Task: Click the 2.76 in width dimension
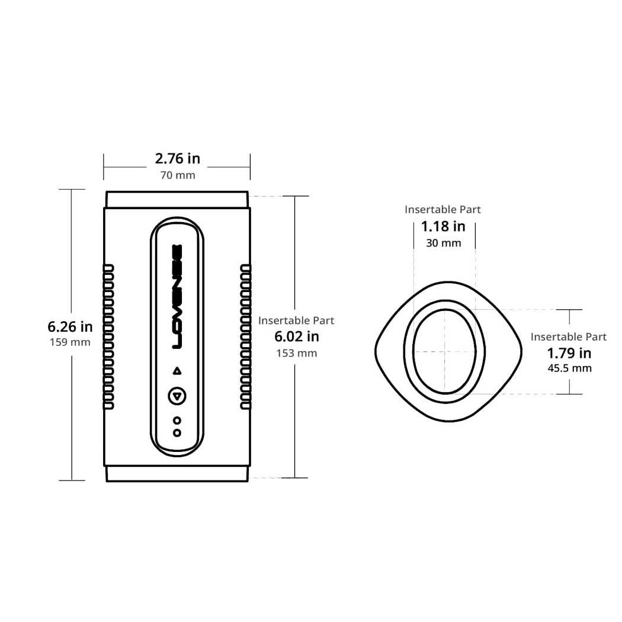click(177, 159)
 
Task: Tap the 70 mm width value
click(178, 175)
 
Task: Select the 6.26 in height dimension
click(70, 327)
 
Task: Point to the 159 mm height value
click(70, 342)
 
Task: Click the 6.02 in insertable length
click(297, 336)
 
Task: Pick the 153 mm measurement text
click(297, 353)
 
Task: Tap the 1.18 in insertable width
click(443, 226)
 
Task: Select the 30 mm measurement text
click(444, 243)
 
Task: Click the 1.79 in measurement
click(569, 353)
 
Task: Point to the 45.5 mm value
click(570, 368)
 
